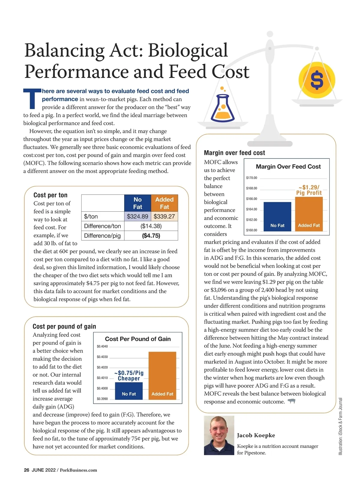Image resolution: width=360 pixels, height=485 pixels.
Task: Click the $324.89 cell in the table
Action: point(137,216)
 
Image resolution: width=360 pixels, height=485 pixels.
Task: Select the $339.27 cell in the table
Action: point(164,216)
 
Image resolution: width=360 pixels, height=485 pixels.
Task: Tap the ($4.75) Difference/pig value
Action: point(151,236)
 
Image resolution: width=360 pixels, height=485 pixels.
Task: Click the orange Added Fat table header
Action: point(164,203)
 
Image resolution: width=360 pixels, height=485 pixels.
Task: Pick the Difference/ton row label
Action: point(102,226)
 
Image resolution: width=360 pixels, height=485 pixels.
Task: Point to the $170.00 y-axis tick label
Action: point(251,178)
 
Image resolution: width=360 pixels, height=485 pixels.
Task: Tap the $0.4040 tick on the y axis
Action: point(102,347)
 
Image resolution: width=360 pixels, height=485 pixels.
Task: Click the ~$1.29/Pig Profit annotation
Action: point(309,190)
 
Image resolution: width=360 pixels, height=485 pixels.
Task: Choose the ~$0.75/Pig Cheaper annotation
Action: point(129,376)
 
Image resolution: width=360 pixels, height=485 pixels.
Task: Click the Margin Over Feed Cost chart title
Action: point(288,167)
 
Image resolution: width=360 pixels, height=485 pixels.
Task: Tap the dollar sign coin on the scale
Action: point(317,80)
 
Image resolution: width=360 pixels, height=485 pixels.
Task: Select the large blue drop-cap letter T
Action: point(32,98)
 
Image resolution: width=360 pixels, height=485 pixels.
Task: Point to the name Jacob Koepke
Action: point(256,435)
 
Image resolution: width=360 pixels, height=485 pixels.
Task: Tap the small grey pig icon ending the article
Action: point(291,401)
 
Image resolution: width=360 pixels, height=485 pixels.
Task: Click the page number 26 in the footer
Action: point(27,470)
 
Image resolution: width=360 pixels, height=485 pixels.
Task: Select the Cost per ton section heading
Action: point(50,195)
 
